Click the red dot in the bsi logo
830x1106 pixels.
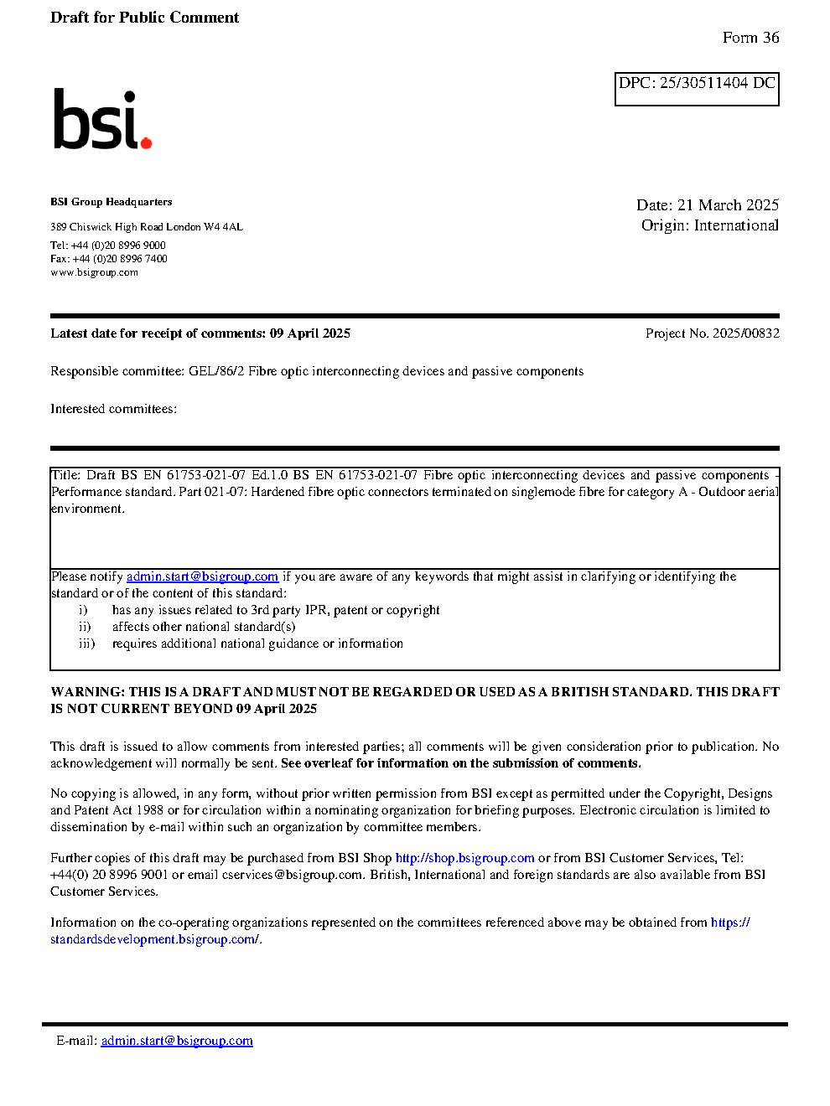click(x=147, y=142)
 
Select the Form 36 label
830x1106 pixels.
click(x=750, y=38)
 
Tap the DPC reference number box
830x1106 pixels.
click(x=697, y=89)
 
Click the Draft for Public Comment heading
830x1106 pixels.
click(x=144, y=18)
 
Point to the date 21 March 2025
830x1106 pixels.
click(x=728, y=205)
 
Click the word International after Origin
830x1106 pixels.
click(x=736, y=225)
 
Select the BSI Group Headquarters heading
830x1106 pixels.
click(x=111, y=202)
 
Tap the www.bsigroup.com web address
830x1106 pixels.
click(x=94, y=272)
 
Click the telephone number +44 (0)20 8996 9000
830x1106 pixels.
click(x=118, y=245)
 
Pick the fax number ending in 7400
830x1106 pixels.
click(x=120, y=259)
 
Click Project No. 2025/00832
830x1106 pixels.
click(x=712, y=333)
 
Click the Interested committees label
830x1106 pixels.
click(x=113, y=409)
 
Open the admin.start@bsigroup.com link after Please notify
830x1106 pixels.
click(x=202, y=576)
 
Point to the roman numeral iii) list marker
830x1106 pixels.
click(x=87, y=643)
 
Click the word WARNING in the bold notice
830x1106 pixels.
click(x=87, y=692)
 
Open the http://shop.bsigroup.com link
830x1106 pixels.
click(x=464, y=858)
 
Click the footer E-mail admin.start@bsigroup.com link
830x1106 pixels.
click(x=177, y=1041)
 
